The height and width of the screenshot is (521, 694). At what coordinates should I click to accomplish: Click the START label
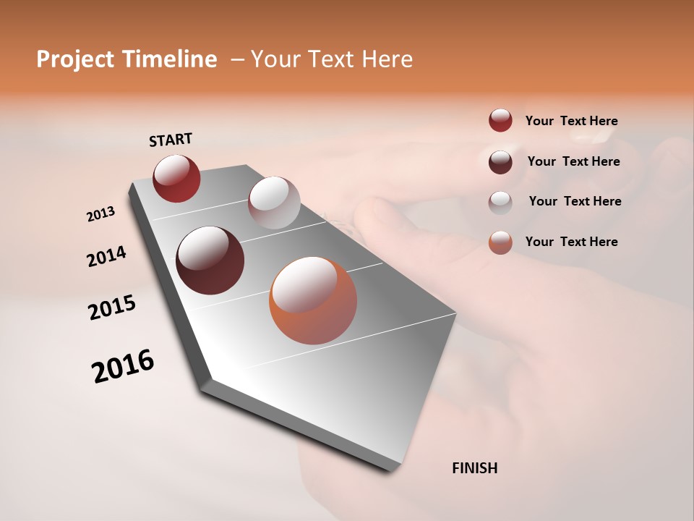171,140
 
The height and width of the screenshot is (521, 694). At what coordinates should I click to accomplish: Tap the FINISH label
475,468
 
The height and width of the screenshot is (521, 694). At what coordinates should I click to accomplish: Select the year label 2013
100,214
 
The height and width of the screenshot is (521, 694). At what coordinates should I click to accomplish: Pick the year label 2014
106,257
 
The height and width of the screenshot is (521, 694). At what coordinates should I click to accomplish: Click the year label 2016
123,366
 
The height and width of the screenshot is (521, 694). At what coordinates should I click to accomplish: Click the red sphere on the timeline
176,178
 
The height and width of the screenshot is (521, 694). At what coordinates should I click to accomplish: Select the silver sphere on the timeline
274,203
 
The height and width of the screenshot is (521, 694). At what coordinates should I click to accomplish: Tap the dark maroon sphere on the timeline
210,260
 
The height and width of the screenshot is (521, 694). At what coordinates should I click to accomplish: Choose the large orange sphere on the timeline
313,300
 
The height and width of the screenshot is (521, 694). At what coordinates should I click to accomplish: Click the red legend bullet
500,120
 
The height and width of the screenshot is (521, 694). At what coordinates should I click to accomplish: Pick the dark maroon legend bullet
500,161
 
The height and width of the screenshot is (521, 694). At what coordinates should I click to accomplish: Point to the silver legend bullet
500,202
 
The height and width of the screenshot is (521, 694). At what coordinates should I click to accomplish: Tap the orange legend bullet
500,242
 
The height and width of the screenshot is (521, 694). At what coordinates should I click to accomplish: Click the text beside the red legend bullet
571,122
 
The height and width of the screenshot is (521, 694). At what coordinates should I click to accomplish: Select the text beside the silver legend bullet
575,201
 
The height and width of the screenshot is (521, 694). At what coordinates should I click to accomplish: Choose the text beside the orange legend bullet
571,242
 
